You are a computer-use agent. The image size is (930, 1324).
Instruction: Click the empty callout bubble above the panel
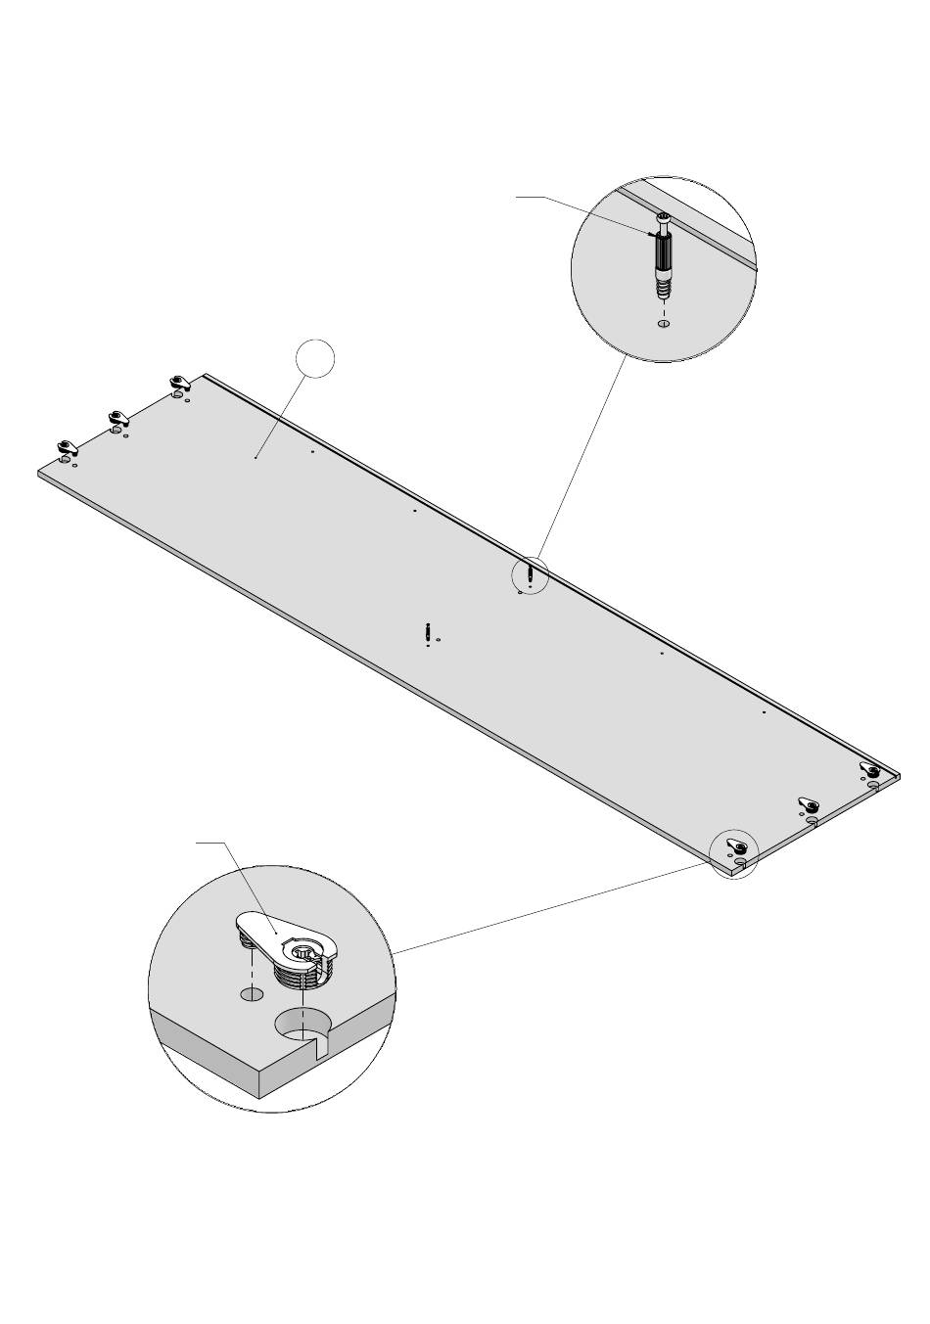pyautogui.click(x=315, y=358)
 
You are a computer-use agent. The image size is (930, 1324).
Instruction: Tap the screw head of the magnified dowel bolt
pyautogui.click(x=663, y=218)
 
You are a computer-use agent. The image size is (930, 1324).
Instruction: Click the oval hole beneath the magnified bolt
pyautogui.click(x=664, y=324)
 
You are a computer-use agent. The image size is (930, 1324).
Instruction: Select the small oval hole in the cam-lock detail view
pyautogui.click(x=253, y=994)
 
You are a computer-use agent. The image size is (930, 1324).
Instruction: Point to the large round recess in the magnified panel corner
pyautogui.click(x=302, y=1024)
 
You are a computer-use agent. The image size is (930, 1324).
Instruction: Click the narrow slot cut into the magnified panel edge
pyautogui.click(x=319, y=1050)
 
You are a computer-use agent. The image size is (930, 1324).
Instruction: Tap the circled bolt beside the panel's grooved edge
pyautogui.click(x=530, y=574)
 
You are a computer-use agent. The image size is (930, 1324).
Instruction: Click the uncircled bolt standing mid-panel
pyautogui.click(x=428, y=634)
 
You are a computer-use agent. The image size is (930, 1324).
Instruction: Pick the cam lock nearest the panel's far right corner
pyautogui.click(x=869, y=770)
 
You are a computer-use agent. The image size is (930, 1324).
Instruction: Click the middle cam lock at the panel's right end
pyautogui.click(x=808, y=804)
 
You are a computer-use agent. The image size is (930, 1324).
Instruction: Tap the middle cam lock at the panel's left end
pyautogui.click(x=118, y=419)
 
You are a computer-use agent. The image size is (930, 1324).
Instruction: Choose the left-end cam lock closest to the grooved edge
pyautogui.click(x=178, y=382)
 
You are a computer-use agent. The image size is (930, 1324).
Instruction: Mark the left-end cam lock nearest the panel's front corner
pyautogui.click(x=67, y=447)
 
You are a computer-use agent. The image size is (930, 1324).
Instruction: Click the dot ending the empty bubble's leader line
pyautogui.click(x=256, y=456)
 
